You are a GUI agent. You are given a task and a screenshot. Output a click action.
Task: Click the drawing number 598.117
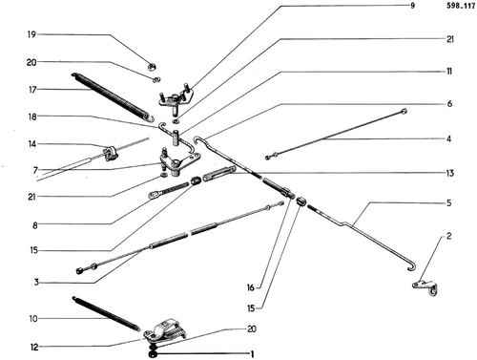click(461, 6)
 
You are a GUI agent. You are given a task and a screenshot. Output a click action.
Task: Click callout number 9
click(413, 6)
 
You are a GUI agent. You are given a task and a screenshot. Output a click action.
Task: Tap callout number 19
click(31, 34)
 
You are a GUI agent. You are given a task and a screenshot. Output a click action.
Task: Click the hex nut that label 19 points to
click(152, 67)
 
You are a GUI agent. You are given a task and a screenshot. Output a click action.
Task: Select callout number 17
click(32, 90)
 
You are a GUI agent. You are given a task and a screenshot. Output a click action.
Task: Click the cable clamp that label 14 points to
click(111, 152)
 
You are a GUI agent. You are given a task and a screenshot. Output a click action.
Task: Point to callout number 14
click(32, 144)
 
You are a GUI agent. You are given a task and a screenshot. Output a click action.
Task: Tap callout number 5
click(448, 202)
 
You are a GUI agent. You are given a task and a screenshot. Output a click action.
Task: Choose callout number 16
click(251, 287)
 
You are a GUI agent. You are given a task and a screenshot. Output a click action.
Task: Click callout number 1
click(252, 354)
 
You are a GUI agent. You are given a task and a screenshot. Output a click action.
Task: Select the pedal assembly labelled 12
click(165, 330)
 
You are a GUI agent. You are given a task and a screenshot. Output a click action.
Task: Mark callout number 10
click(33, 318)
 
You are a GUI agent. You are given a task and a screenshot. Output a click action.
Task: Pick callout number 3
click(36, 282)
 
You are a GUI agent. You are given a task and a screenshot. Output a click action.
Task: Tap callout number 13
click(449, 173)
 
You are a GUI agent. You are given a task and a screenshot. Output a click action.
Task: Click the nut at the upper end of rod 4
click(404, 111)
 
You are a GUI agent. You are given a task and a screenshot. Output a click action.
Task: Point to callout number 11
click(448, 72)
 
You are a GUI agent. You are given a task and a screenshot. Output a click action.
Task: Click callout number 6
click(449, 104)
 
